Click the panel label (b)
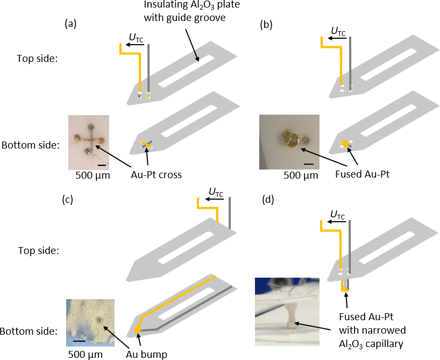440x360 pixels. pos(267,24)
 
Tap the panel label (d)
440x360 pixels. pos(267,200)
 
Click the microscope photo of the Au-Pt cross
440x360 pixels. pos(88,142)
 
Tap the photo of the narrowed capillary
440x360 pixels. pos(287,311)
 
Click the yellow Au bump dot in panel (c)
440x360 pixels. pos(137,330)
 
